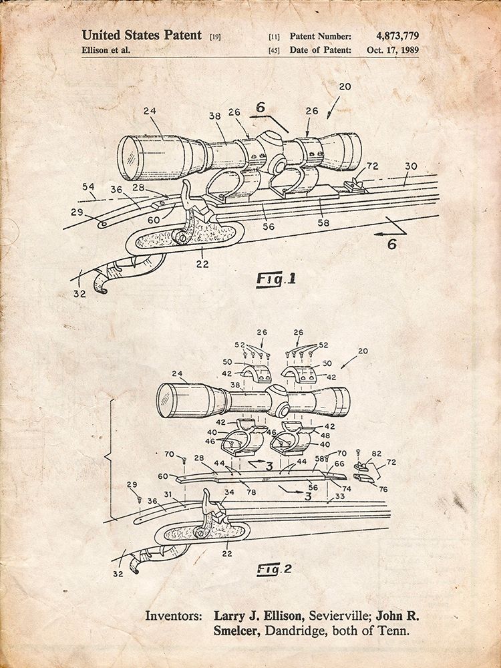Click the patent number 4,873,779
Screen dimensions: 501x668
[397, 36]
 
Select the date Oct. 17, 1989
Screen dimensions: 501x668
[393, 50]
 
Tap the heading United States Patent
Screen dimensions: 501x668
[142, 35]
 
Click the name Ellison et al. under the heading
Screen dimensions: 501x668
[106, 50]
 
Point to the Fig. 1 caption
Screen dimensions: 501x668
[276, 279]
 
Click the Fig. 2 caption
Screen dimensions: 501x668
[274, 569]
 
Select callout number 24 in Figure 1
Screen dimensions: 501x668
[150, 111]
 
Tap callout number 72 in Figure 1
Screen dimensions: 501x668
[372, 166]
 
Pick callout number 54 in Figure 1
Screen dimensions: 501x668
[89, 186]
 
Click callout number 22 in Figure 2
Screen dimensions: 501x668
[227, 553]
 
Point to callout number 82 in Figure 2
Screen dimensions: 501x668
[376, 454]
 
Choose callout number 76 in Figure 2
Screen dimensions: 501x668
[383, 490]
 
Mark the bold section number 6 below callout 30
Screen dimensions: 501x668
[392, 244]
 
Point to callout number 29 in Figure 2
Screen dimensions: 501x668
[132, 485]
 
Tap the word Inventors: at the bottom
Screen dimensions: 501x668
[174, 616]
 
